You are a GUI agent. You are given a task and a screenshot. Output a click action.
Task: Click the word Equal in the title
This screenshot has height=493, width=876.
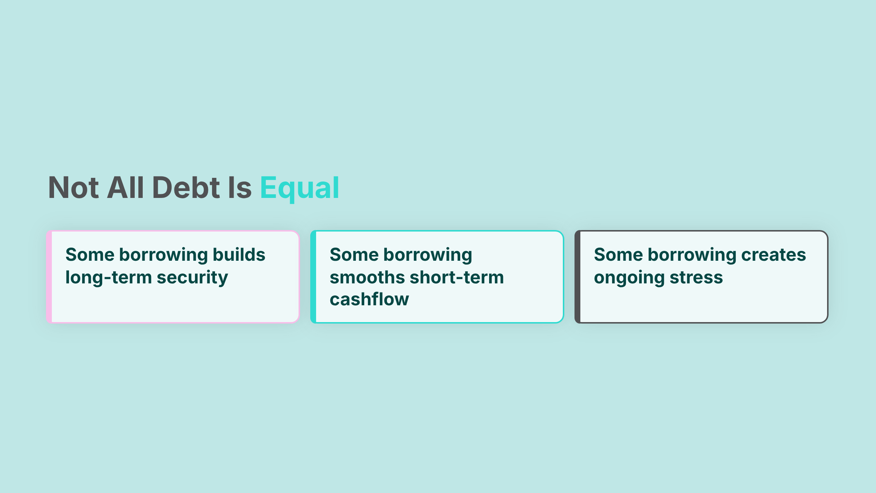[x=299, y=188]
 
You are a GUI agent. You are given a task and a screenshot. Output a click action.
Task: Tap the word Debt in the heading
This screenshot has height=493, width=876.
[x=186, y=188]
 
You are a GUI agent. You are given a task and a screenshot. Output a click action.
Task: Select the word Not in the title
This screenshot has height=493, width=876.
[x=73, y=188]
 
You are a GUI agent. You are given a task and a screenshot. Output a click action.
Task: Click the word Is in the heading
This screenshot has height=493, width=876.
[x=240, y=188]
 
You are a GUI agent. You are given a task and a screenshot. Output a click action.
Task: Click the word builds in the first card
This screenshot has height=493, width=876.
[x=239, y=255]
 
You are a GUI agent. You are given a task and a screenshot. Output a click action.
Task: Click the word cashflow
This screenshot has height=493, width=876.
[x=369, y=299]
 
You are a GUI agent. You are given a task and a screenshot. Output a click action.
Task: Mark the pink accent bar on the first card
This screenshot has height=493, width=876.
[x=49, y=277]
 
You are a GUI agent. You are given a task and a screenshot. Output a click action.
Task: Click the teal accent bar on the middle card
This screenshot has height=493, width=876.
[x=314, y=277]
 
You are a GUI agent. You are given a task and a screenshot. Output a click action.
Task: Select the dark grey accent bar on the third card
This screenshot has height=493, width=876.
[x=578, y=277]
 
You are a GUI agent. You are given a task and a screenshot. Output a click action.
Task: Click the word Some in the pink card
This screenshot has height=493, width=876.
[x=90, y=255]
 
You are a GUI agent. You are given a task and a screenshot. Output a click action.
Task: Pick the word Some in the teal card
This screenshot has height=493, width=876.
[x=354, y=255]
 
